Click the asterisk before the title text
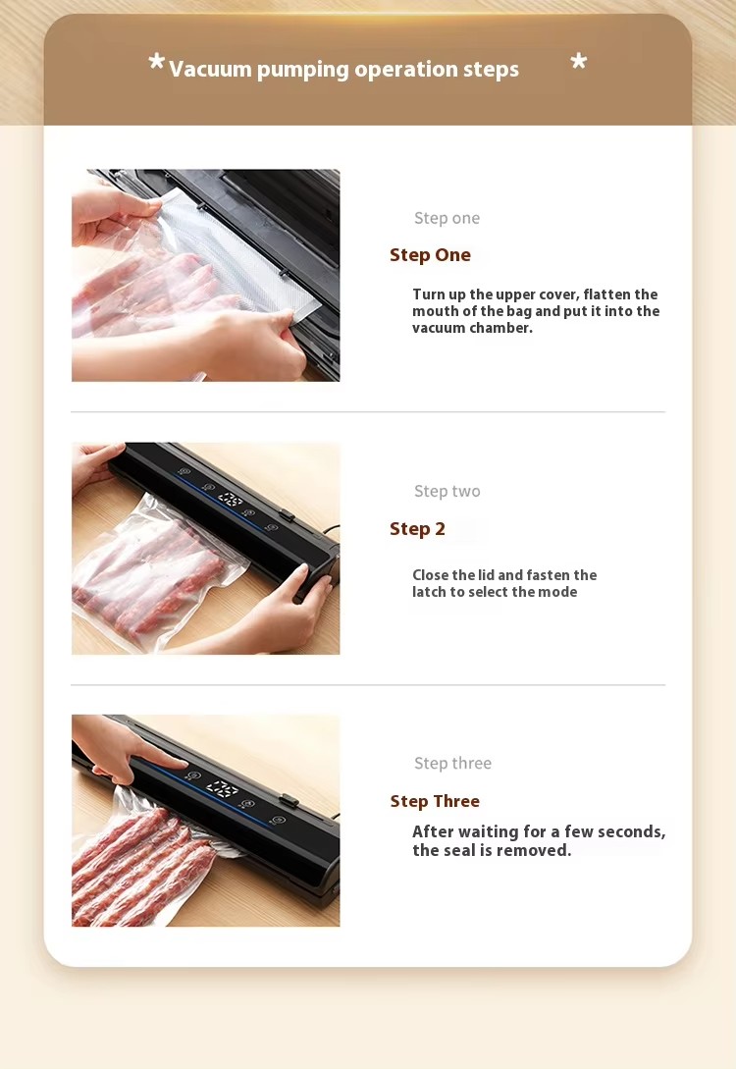tap(157, 62)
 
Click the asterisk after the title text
tap(579, 62)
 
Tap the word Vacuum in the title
tap(211, 69)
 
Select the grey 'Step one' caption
tap(447, 218)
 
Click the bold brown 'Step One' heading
tap(430, 255)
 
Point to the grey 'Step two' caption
tap(447, 491)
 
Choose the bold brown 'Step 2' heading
tap(417, 528)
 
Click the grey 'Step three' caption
tap(452, 763)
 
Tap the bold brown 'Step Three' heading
tap(435, 801)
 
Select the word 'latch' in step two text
tap(429, 592)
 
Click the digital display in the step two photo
tap(231, 500)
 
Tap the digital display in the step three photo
tap(222, 789)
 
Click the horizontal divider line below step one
tap(368, 411)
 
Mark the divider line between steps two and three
tap(368, 684)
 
